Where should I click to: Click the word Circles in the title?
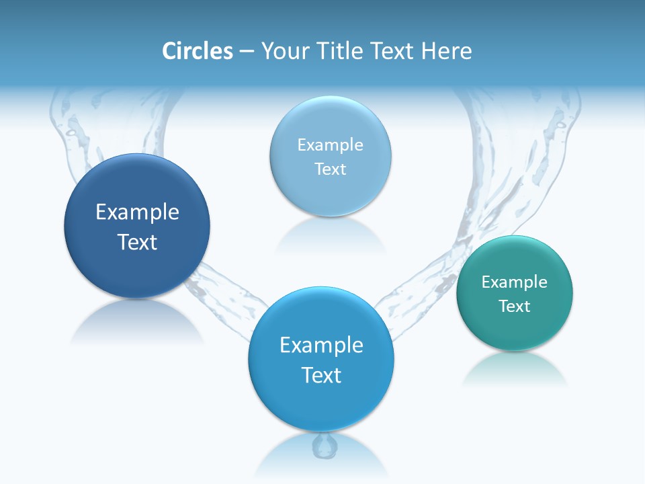point(198,51)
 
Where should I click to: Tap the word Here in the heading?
point(447,51)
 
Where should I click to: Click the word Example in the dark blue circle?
point(137,212)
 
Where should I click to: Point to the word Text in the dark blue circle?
point(137,242)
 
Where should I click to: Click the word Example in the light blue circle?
point(330,145)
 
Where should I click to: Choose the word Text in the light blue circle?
point(330,169)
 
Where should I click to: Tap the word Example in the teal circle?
point(514,282)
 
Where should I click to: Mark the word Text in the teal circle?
point(514,307)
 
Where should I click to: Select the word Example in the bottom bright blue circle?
point(321,346)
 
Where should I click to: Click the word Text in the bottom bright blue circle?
point(321,375)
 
